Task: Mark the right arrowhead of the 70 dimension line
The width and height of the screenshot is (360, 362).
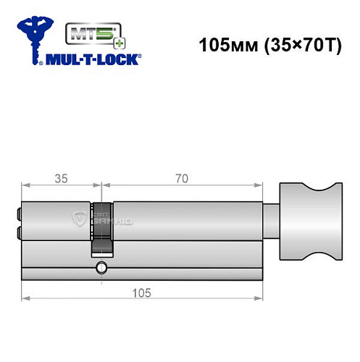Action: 258,186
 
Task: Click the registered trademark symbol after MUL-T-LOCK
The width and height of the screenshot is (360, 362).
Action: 141,55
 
